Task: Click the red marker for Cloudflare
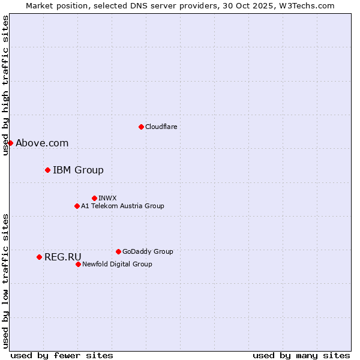(x=141, y=127)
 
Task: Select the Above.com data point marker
(x=10, y=143)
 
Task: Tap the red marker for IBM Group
(x=47, y=170)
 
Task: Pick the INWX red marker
(x=94, y=198)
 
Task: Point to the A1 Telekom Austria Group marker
(x=77, y=206)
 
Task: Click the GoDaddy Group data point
(x=118, y=251)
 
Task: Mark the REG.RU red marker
(x=39, y=257)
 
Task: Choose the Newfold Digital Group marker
(x=78, y=264)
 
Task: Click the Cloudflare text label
(x=161, y=127)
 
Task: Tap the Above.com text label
(x=42, y=143)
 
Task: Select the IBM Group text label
(x=78, y=170)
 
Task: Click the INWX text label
(x=107, y=198)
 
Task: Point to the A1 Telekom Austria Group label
(x=122, y=206)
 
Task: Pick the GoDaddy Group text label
(x=148, y=251)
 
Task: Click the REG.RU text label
(x=62, y=257)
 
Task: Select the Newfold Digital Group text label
(x=117, y=264)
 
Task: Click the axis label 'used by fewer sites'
(x=62, y=355)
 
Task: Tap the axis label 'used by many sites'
(x=301, y=355)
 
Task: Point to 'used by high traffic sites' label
(x=5, y=86)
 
